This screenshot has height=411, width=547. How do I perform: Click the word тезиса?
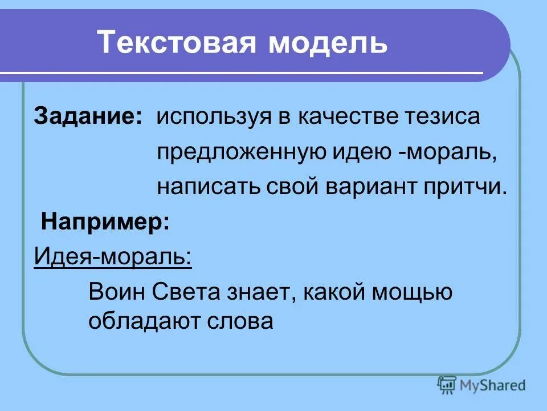pos(442,117)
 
